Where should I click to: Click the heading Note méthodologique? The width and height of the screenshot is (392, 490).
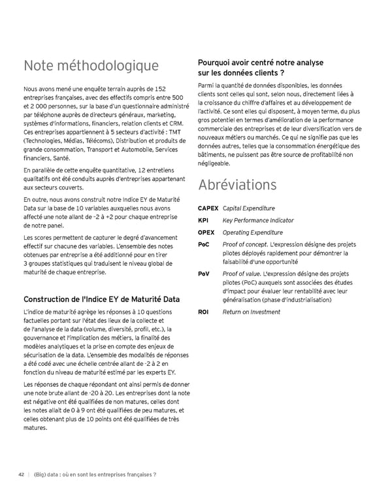pos(91,66)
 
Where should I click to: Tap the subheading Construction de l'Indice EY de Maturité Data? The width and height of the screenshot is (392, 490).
pos(101,299)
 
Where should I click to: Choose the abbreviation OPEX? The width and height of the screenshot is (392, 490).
pos(206,233)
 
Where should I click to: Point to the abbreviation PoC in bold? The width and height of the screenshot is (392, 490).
pos(203,244)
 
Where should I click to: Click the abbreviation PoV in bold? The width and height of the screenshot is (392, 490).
pos(203,274)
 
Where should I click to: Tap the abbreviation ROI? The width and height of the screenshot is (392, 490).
pos(203,312)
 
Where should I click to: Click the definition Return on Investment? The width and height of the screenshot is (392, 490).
pos(252,312)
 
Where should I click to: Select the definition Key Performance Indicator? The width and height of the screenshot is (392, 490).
pos(258,221)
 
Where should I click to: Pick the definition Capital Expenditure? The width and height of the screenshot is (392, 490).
pos(249,208)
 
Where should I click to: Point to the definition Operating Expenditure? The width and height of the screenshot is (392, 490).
pos(253,233)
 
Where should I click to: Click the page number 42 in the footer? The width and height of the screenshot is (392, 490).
pos(21,475)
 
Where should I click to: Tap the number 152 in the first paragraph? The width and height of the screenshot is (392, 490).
pos(159,88)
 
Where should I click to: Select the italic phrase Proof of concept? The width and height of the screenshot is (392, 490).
pos(245,244)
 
